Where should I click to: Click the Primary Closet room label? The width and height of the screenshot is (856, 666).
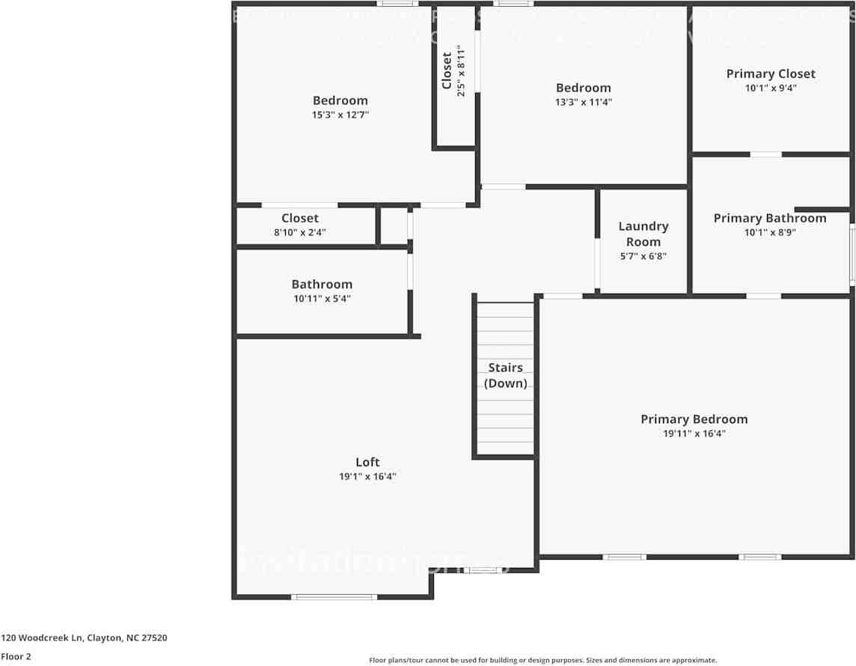(771, 73)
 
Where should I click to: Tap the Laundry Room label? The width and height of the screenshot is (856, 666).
(643, 234)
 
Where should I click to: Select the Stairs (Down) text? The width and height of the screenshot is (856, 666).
(505, 375)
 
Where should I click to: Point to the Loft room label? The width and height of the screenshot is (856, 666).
(367, 462)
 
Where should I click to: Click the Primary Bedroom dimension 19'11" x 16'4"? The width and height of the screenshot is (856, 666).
(694, 434)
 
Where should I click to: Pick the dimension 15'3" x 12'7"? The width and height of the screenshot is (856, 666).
(340, 115)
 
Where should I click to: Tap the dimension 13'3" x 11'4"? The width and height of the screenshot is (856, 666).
(583, 103)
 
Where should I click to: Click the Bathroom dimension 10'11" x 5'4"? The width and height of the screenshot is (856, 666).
(322, 299)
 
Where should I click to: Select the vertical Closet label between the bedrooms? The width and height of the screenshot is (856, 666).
(447, 70)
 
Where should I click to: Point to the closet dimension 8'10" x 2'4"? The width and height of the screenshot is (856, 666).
(300, 232)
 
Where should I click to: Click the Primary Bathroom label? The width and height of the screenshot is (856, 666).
(769, 218)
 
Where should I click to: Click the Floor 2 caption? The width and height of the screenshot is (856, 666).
(16, 656)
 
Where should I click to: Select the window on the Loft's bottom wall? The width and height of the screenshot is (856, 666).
(334, 597)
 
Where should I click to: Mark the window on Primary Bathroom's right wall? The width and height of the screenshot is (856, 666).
(852, 256)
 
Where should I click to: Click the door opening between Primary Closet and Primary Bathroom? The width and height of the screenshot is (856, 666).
(765, 154)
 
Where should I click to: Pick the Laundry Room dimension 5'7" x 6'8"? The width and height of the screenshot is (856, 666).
(643, 256)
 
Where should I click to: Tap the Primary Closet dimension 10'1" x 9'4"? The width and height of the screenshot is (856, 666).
(771, 88)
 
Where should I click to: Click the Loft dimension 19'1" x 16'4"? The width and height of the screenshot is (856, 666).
(367, 476)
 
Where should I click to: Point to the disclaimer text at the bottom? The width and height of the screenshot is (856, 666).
(542, 660)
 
